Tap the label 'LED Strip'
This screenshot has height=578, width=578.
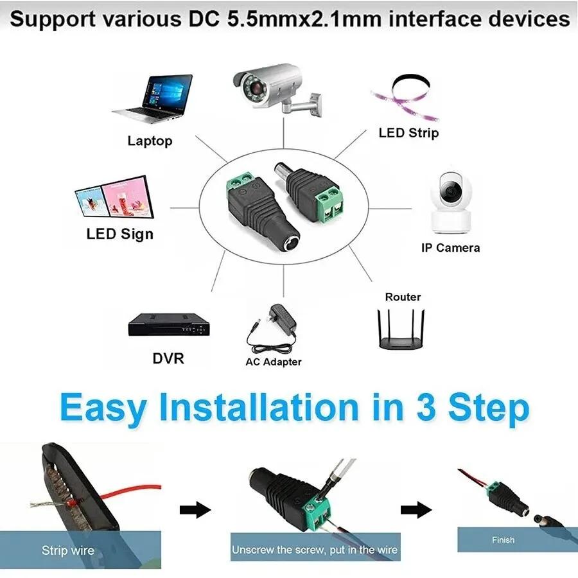pos(408,133)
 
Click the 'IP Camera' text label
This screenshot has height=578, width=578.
pos(450,247)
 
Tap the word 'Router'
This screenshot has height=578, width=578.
pos(403,297)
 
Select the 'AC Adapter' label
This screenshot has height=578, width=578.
pos(273,362)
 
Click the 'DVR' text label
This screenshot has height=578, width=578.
pos(168,358)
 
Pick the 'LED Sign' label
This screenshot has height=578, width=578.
pos(120,233)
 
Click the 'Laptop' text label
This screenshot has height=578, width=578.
pos(150,141)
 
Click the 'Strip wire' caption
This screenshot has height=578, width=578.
pos(67,550)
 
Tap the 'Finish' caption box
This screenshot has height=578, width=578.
pos(503,540)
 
